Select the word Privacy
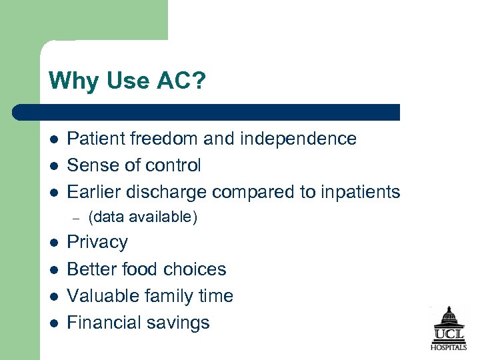[97, 242]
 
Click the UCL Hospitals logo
[447, 329]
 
